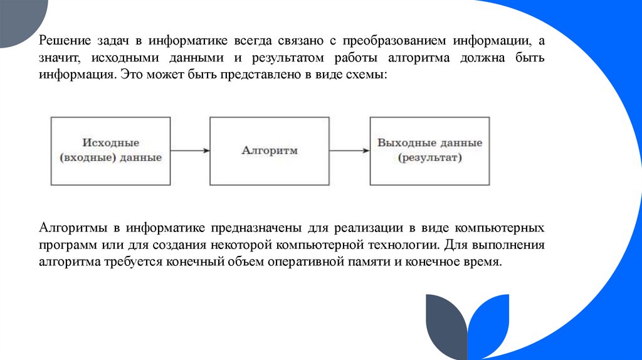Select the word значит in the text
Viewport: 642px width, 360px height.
pyautogui.click(x=58, y=58)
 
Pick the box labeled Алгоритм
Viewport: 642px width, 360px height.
pyautogui.click(x=269, y=151)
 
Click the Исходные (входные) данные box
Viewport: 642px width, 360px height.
pyautogui.click(x=110, y=151)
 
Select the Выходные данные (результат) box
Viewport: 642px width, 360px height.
pyautogui.click(x=429, y=151)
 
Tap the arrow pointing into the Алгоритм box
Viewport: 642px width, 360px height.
pyautogui.click(x=189, y=151)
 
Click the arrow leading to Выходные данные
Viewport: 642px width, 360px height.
pyautogui.click(x=349, y=151)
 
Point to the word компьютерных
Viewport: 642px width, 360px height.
pyautogui.click(x=499, y=227)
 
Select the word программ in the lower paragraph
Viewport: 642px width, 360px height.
pyautogui.click(x=65, y=244)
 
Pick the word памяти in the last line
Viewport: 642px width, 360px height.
pyautogui.click(x=367, y=261)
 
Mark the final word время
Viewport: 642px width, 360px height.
pyautogui.click(x=485, y=261)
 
